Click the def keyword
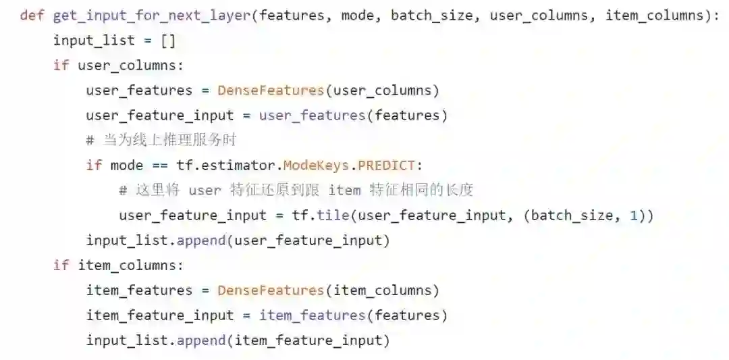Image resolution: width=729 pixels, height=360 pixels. [32, 16]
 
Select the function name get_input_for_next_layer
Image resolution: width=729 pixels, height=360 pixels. [152, 16]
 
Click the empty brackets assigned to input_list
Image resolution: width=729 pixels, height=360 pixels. [168, 41]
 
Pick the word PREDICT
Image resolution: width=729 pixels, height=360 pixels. [389, 165]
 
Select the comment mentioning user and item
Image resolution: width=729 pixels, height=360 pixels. [296, 190]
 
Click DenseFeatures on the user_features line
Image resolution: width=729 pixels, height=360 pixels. [271, 91]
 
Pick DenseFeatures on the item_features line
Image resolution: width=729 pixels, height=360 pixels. [271, 290]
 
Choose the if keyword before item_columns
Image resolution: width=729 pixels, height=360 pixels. [61, 265]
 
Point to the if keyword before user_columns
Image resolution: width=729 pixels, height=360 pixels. [61, 66]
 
